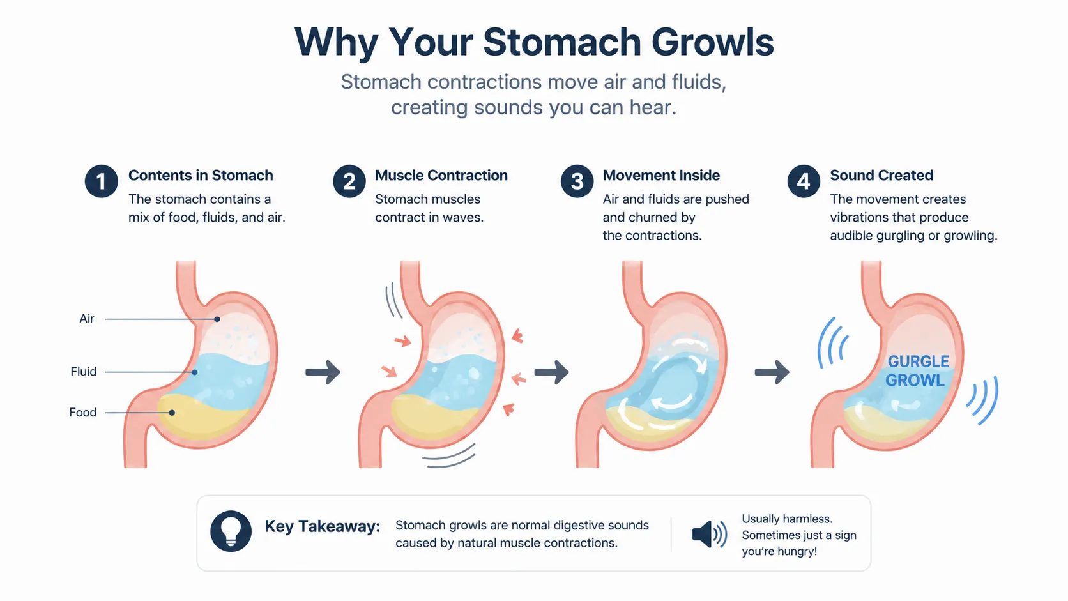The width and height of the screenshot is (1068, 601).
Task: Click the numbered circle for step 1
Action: [101, 181]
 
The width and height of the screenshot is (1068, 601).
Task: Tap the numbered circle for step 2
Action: [349, 181]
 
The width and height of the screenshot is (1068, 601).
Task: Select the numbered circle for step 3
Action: [577, 181]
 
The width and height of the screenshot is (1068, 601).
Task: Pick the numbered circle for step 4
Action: [804, 181]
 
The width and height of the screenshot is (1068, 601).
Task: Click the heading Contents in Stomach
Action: [201, 176]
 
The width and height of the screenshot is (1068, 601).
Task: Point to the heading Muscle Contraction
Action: [441, 176]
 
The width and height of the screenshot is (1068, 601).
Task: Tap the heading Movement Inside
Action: [661, 176]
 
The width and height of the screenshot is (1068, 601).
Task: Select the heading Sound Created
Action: [881, 176]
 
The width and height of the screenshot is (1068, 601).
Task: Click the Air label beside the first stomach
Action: [87, 318]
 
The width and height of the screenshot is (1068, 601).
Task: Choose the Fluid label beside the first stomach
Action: [84, 371]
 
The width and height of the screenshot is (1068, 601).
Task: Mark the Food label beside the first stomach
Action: [82, 412]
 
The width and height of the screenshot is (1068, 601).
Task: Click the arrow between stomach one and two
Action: [323, 372]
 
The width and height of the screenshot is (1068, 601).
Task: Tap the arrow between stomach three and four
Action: [772, 372]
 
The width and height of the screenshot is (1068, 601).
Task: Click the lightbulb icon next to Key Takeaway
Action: [231, 531]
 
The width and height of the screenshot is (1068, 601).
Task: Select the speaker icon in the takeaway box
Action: [710, 534]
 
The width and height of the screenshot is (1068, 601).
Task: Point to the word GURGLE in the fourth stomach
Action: [919, 361]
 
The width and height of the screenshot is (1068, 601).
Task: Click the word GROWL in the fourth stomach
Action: [915, 380]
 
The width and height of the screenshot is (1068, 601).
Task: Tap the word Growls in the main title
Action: [712, 42]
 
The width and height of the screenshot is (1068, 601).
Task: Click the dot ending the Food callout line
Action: [172, 412]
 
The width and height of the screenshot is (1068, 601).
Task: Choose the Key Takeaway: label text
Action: [323, 527]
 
